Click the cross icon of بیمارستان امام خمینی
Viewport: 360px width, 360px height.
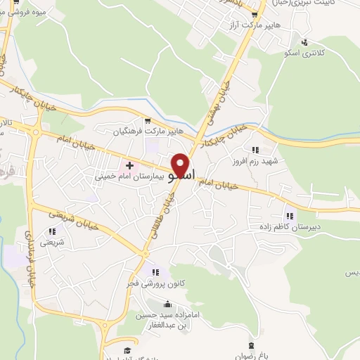click(x=129, y=165)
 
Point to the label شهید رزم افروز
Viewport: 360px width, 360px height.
click(x=256, y=161)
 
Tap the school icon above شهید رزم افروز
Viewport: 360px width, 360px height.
click(x=255, y=149)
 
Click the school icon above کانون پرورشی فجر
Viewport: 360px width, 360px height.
click(x=155, y=272)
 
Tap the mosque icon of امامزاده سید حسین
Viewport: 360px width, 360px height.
click(x=167, y=304)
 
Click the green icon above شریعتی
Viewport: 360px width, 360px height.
click(x=52, y=231)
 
